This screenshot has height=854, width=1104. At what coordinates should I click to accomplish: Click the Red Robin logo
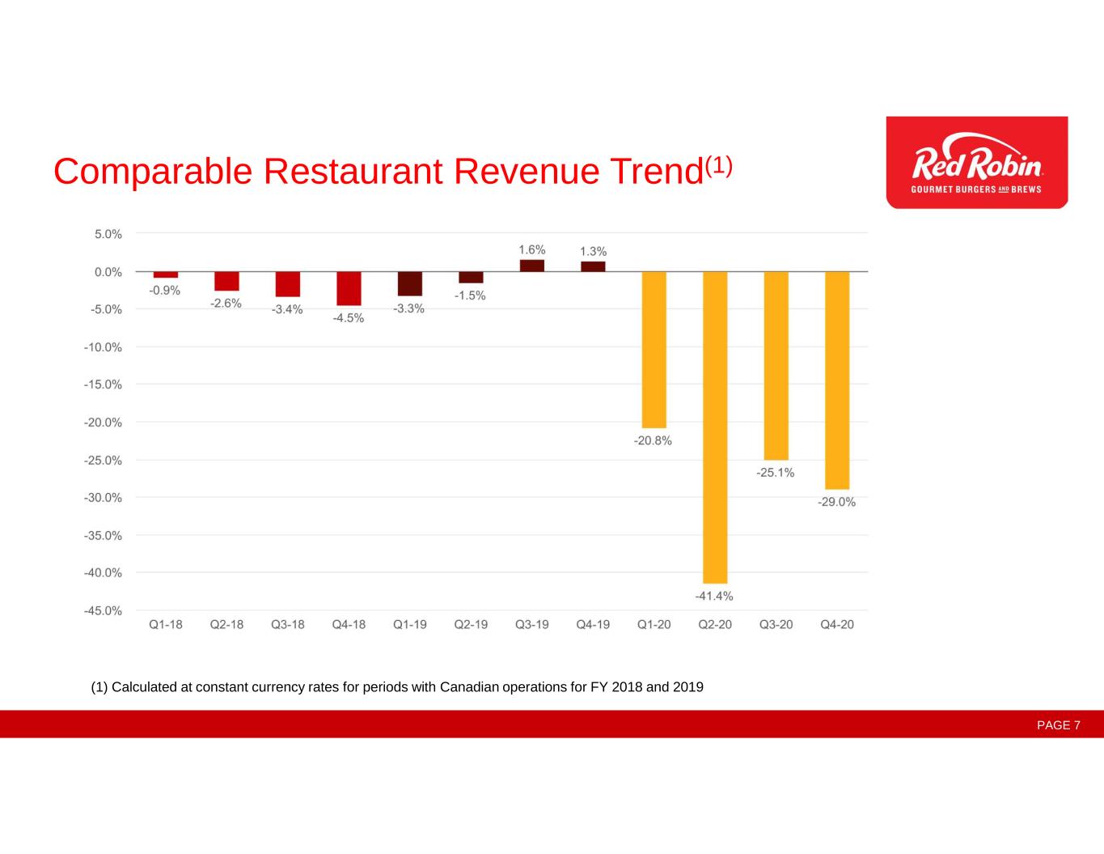click(976, 163)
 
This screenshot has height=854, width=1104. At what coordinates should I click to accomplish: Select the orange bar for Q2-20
click(715, 427)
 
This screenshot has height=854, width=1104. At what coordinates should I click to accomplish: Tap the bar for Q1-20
click(654, 350)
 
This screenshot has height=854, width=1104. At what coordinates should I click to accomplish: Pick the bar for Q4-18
click(349, 288)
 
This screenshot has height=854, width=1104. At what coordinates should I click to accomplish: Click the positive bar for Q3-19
click(531, 266)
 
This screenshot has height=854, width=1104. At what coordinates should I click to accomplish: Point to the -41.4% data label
click(714, 597)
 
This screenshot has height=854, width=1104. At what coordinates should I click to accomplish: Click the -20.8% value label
click(653, 441)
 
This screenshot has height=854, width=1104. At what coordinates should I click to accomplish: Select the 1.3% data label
click(593, 252)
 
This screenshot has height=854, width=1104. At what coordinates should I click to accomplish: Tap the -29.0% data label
click(836, 502)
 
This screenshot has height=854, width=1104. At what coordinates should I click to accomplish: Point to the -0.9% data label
click(165, 291)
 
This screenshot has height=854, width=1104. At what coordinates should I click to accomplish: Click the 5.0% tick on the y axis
click(108, 234)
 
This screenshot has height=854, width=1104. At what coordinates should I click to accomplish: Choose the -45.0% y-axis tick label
click(103, 611)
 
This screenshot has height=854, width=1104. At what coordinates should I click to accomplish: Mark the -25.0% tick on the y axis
click(103, 461)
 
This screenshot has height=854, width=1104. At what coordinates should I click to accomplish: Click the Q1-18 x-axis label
click(166, 625)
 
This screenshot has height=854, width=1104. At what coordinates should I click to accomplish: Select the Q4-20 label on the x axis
click(837, 625)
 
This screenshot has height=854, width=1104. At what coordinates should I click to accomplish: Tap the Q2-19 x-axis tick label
click(471, 625)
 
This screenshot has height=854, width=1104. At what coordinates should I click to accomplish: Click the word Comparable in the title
click(153, 172)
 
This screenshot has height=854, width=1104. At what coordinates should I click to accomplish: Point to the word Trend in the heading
click(656, 172)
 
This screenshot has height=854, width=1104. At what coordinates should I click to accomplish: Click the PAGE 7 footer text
click(1059, 725)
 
